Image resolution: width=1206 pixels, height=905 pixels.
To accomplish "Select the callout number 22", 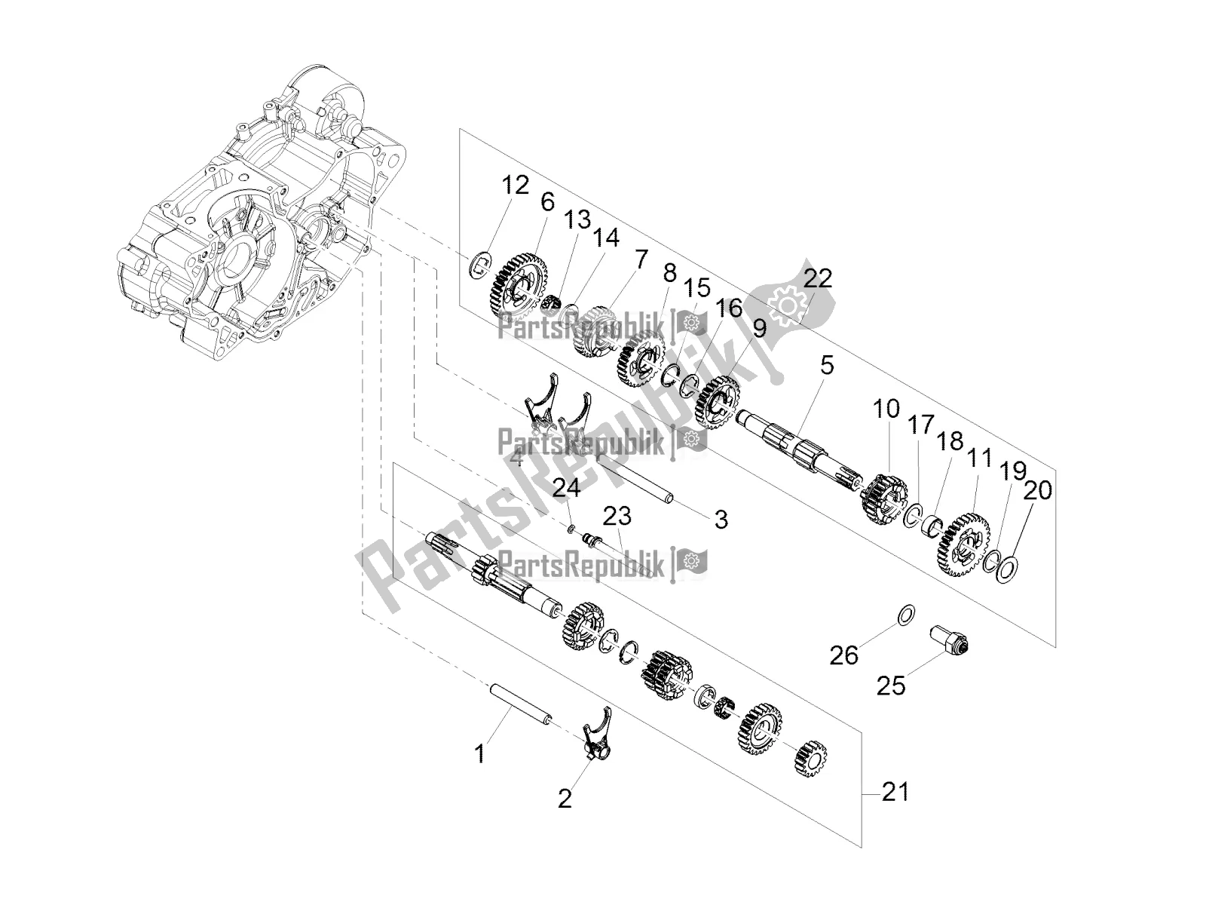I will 817,279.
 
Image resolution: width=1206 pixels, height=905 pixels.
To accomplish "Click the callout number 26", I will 844,655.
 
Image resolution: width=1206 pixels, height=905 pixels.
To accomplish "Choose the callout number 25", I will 893,686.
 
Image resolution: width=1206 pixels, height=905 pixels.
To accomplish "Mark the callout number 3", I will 721,520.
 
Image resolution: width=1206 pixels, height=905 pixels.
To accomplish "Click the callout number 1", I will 479,753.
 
